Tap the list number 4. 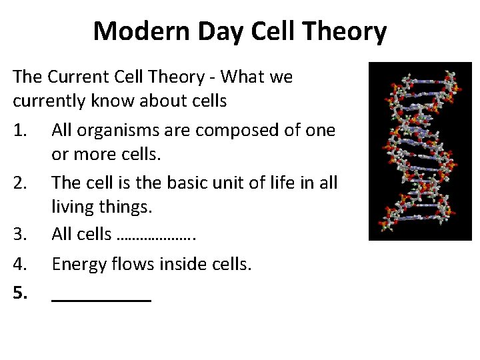[21, 265]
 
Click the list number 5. [21, 291]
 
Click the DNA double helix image [420, 151]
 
